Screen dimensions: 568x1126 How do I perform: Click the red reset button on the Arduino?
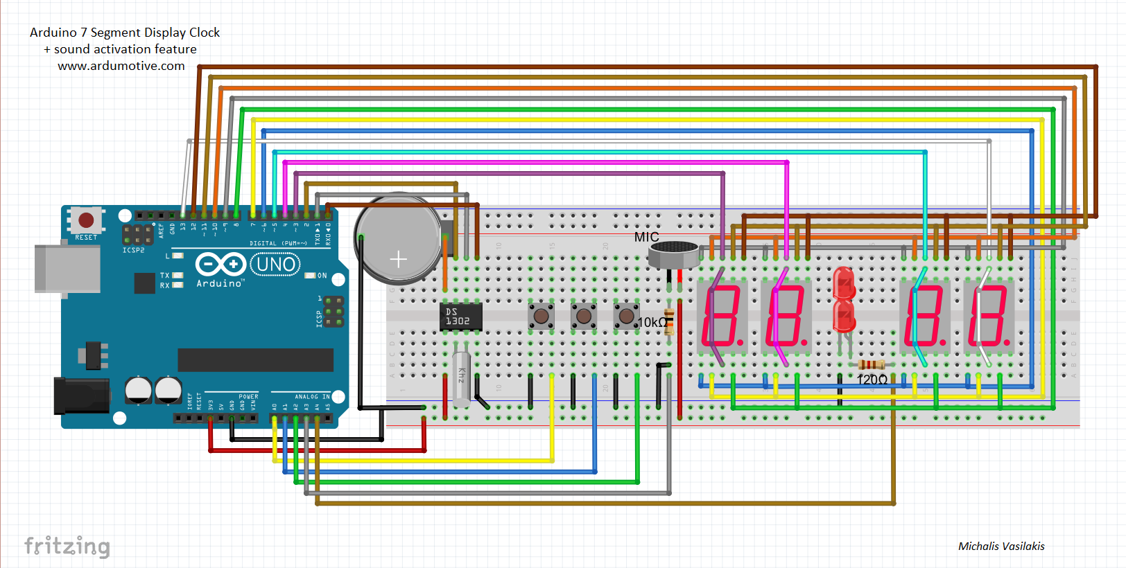(x=86, y=220)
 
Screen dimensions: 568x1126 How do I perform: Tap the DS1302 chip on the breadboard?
(x=460, y=317)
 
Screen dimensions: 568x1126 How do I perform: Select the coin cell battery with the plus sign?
(x=398, y=240)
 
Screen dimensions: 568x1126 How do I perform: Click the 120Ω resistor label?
(x=872, y=380)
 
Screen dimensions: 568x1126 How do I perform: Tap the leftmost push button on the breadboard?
(x=541, y=317)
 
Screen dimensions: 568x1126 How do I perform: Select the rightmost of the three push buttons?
(x=626, y=317)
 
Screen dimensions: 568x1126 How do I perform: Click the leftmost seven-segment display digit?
(x=722, y=315)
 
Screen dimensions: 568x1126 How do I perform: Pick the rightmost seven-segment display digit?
(x=989, y=315)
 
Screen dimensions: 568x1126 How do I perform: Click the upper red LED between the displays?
(x=844, y=283)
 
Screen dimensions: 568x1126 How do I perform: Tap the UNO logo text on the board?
(x=276, y=264)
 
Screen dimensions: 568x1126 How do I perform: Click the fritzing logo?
(x=67, y=546)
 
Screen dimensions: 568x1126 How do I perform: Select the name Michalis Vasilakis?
(x=1001, y=546)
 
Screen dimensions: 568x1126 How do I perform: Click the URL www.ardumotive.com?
(x=121, y=66)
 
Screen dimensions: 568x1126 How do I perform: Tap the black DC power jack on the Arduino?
(x=80, y=396)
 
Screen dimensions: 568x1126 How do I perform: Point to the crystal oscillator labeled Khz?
(x=461, y=378)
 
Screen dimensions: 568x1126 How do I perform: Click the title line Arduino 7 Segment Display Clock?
(x=125, y=33)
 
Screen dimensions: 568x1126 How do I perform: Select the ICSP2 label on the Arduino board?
(x=133, y=250)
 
